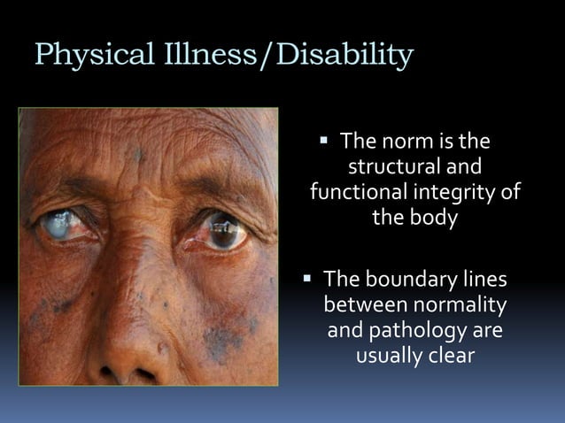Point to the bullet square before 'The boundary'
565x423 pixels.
pos(307,279)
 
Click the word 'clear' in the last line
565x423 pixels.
pos(452,357)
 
